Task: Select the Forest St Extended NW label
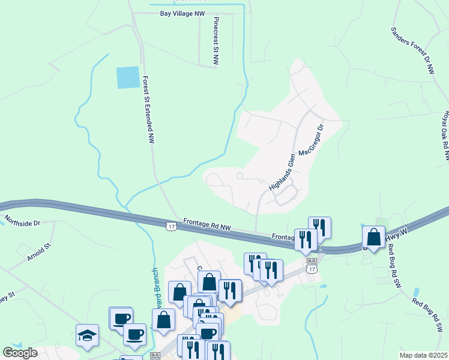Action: (x=148, y=109)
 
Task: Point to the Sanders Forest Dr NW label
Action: (x=412, y=50)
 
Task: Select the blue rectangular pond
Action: (x=128, y=77)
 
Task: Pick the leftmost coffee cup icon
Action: (x=121, y=318)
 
